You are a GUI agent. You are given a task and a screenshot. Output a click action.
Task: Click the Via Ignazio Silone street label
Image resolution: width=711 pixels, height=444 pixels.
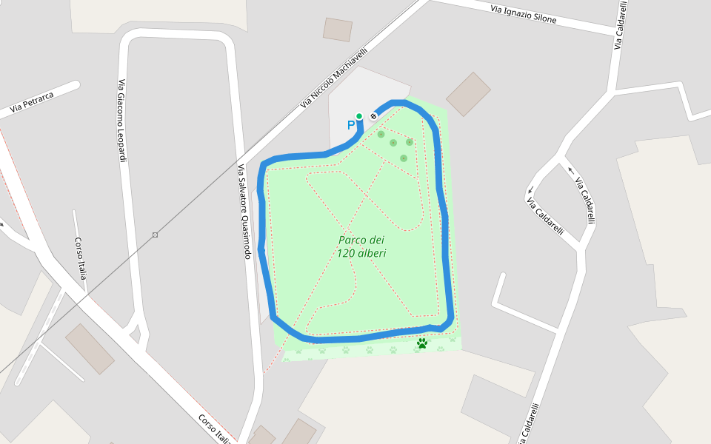[523, 14]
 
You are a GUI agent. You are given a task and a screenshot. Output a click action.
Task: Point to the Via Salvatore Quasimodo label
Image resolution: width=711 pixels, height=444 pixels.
[244, 212]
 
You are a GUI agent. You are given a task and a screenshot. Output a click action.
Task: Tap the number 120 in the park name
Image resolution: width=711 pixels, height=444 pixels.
[347, 253]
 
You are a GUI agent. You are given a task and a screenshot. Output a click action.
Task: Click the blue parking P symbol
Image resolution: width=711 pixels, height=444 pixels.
[351, 126]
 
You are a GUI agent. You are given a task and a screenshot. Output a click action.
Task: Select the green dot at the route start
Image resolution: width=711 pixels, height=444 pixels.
[359, 116]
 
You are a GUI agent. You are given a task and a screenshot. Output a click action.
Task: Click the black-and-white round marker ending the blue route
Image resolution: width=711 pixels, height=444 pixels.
[373, 116]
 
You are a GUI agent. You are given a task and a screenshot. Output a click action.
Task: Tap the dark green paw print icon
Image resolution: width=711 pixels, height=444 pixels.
[422, 343]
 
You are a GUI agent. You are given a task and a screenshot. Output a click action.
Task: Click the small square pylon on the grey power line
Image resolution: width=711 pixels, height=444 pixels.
[155, 235]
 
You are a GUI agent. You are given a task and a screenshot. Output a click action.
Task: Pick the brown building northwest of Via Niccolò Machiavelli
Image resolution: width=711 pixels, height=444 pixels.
[338, 30]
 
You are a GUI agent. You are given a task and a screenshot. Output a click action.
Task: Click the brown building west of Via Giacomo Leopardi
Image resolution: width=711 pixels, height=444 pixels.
[90, 349]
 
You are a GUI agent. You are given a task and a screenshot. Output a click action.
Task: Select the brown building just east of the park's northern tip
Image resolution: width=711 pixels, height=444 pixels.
[468, 94]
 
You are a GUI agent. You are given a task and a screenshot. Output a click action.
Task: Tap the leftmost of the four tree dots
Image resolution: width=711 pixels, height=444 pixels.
[381, 134]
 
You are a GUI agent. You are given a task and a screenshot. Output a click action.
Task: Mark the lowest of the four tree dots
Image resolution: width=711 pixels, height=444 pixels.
[404, 158]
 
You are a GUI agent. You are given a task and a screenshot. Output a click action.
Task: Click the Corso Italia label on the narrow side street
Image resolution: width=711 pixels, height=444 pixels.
[81, 258]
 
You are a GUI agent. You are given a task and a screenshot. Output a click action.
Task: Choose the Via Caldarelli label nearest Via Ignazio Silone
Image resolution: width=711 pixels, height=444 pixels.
[618, 26]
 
